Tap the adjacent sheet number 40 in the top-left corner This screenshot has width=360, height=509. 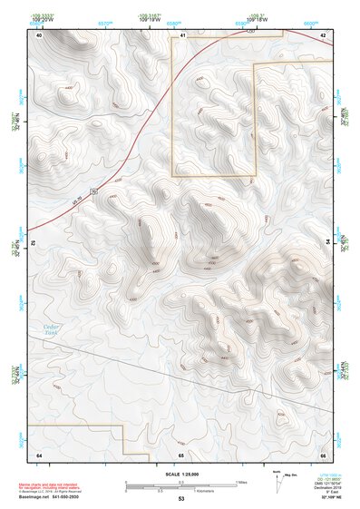39,35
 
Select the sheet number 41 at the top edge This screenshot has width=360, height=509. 182,35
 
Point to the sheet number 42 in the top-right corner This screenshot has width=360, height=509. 323,35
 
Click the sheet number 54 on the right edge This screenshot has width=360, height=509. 327,241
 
